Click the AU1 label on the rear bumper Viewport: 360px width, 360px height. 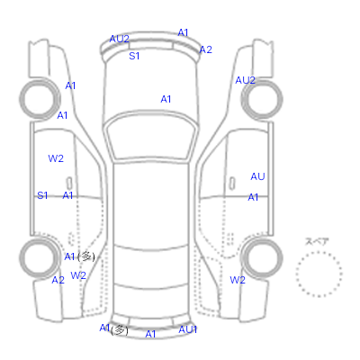tap(188, 329)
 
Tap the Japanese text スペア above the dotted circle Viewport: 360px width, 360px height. tap(317, 242)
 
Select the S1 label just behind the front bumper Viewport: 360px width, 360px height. tap(134, 56)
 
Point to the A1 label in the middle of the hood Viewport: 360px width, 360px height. tap(166, 99)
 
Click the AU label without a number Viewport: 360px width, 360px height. tap(257, 176)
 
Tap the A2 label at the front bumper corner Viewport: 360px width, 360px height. tap(206, 49)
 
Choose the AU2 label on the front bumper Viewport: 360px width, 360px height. tap(120, 39)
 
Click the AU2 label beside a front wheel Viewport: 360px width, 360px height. tap(246, 80)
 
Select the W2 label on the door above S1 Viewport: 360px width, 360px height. tap(56, 158)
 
